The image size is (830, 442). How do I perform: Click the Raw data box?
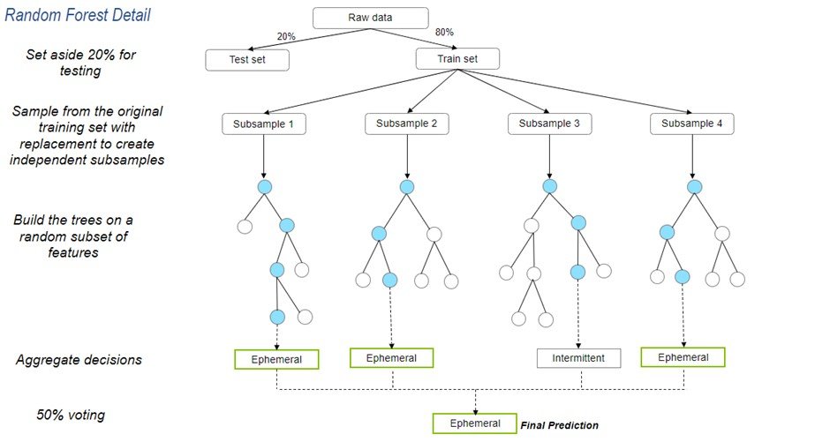(x=371, y=18)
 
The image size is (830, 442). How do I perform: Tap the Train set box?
(x=456, y=59)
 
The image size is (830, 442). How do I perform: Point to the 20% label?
(x=287, y=36)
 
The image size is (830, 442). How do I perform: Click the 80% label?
(x=445, y=33)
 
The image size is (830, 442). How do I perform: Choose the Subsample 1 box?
(x=263, y=124)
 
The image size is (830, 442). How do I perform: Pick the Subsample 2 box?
(x=407, y=124)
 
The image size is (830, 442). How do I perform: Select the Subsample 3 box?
(x=549, y=124)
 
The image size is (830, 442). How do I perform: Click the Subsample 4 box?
(x=692, y=124)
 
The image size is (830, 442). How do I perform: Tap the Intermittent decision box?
(x=579, y=358)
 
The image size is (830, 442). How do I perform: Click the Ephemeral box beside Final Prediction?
(x=474, y=423)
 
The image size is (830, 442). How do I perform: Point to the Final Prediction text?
(x=559, y=425)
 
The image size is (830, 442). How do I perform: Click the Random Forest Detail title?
(x=78, y=15)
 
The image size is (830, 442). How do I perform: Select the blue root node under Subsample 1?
(x=264, y=187)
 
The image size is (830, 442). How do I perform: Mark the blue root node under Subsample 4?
(x=694, y=187)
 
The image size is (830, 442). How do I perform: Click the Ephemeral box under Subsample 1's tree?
(x=276, y=359)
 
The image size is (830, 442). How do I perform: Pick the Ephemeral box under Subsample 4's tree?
(x=683, y=357)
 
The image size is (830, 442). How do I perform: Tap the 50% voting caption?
(x=72, y=415)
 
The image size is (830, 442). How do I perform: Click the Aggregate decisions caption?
(x=79, y=360)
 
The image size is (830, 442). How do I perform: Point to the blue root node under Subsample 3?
(x=550, y=187)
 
